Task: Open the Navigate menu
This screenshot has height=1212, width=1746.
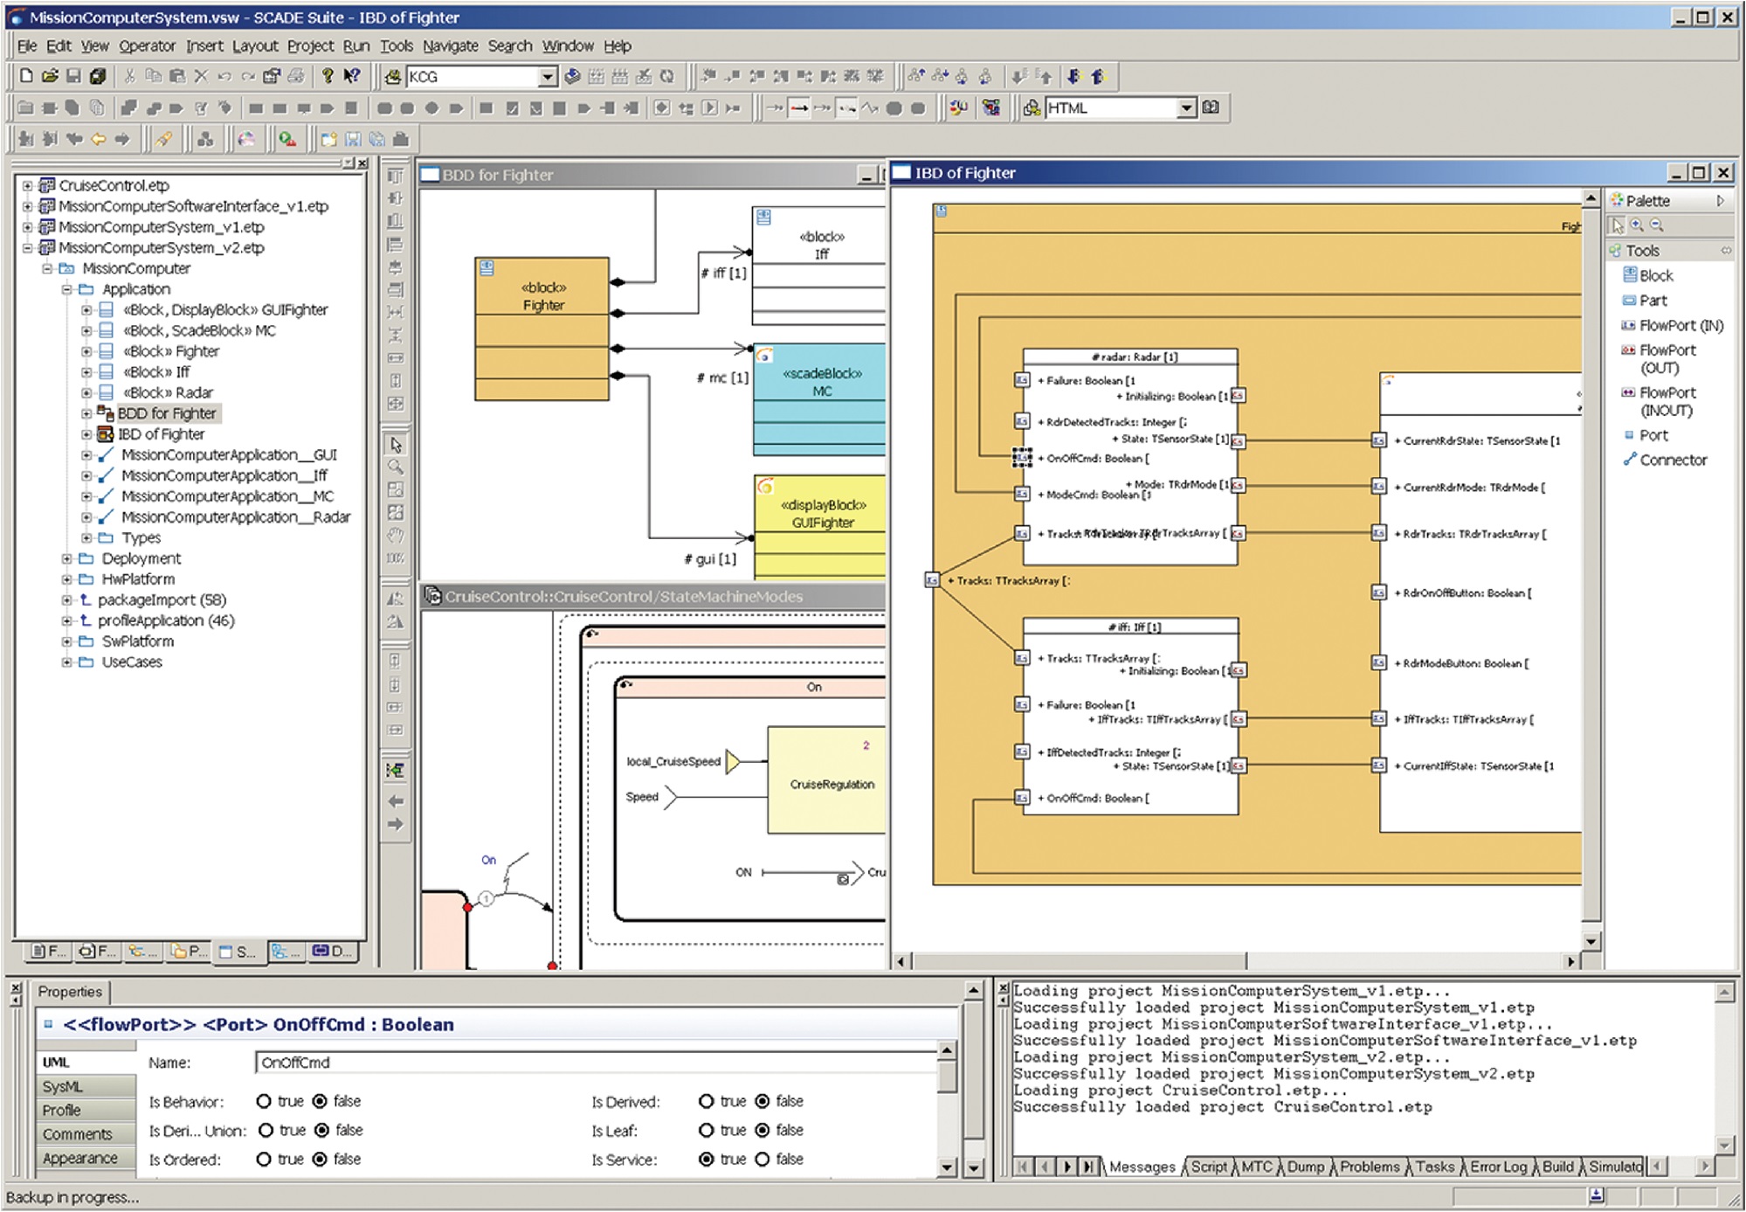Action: pos(450,46)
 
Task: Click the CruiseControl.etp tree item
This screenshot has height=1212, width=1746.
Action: pos(114,185)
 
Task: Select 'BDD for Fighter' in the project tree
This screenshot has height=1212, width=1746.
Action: pos(166,413)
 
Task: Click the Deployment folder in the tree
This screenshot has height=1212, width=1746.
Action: pos(141,558)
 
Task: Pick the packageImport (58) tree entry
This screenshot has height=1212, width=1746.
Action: pos(162,600)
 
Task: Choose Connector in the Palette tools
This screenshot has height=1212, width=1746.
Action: pos(1672,461)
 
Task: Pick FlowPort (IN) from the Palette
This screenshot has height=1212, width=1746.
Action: pos(1680,326)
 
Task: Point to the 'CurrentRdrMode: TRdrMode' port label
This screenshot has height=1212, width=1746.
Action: pos(1472,488)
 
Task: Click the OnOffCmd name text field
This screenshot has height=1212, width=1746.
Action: pos(594,1063)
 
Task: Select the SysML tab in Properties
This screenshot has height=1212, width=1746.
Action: pos(63,1087)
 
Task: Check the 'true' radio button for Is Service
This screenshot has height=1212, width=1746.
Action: pos(707,1160)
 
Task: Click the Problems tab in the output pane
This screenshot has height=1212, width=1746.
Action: pos(1369,1167)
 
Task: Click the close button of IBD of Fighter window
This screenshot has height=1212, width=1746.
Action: pos(1723,173)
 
